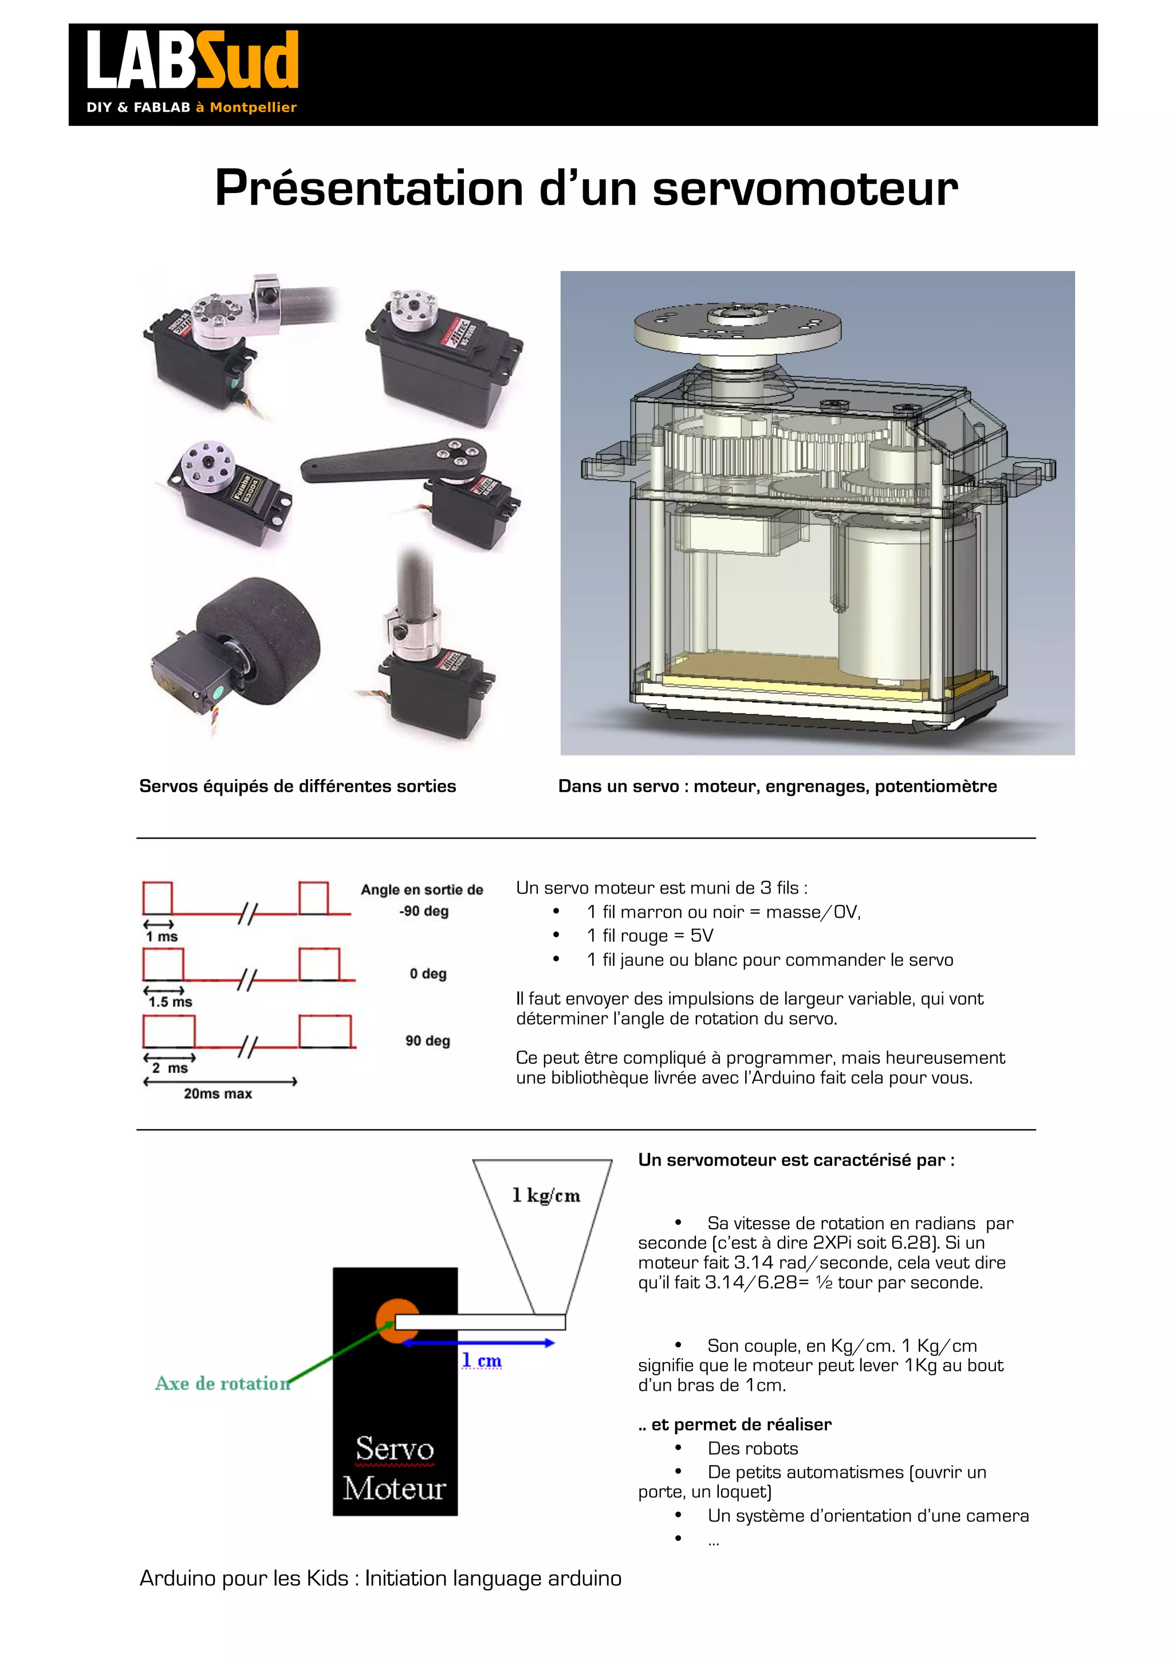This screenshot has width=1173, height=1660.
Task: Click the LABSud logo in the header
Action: pyautogui.click(x=191, y=71)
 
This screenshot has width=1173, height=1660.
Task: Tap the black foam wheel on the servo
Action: pyautogui.click(x=260, y=636)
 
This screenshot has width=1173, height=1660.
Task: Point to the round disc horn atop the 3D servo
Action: pyautogui.click(x=737, y=327)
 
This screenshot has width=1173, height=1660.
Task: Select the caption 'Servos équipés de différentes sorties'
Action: pyautogui.click(x=297, y=786)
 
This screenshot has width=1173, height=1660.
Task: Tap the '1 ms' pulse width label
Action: pyautogui.click(x=162, y=937)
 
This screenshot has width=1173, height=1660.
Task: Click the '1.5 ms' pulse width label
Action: pyautogui.click(x=171, y=1002)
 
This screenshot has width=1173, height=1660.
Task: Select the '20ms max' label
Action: pyautogui.click(x=218, y=1094)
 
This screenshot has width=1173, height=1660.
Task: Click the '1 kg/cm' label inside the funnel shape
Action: pyautogui.click(x=546, y=1196)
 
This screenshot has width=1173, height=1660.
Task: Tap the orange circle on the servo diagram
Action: pyautogui.click(x=396, y=1321)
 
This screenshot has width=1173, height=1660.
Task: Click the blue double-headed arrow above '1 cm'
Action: pyautogui.click(x=478, y=1343)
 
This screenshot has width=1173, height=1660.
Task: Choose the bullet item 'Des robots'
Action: pyautogui.click(x=753, y=1448)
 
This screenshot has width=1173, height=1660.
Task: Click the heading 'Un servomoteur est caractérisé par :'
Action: pyautogui.click(x=796, y=1161)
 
